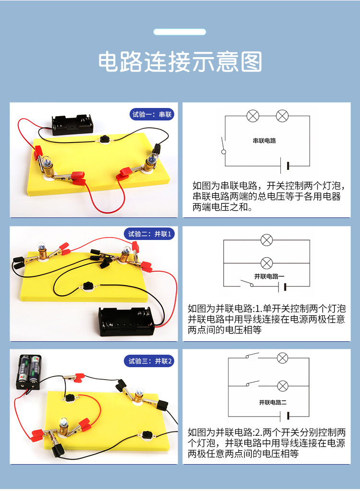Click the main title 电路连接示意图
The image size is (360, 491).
coord(180,62)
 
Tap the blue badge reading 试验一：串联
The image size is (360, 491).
coord(152,114)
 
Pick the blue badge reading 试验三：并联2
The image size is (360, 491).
coord(150,361)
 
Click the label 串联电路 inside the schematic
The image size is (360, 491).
coord(264,141)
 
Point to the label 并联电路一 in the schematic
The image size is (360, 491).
coord(269,276)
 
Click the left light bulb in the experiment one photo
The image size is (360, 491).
coord(49,165)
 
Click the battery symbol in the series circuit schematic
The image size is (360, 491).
coord(288,166)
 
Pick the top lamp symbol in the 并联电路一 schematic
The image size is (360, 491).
coord(266,240)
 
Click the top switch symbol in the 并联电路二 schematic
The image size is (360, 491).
coord(251,357)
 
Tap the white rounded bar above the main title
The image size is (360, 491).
coord(180,32)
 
